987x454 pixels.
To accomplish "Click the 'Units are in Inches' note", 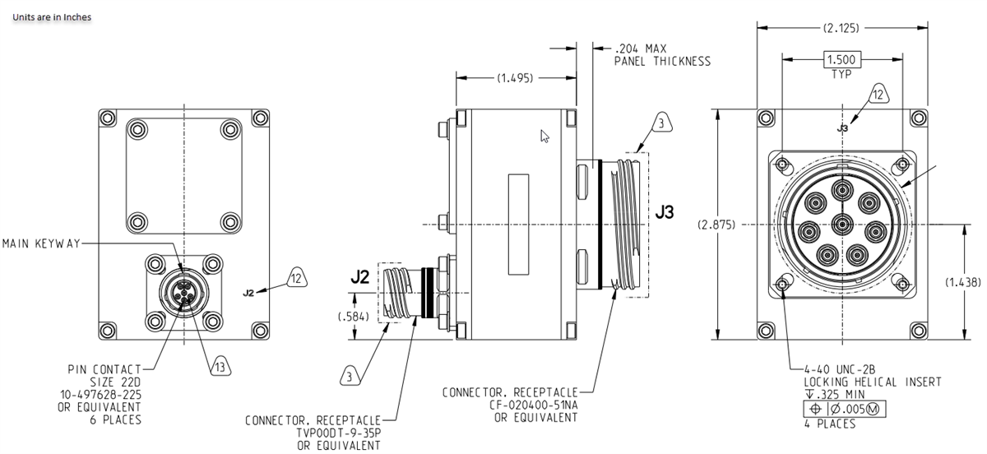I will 52,17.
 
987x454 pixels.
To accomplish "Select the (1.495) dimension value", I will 514,78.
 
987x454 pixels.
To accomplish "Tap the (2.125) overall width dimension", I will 840,28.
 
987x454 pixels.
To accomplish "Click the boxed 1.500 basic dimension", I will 841,60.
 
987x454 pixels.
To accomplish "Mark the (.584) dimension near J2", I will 354,316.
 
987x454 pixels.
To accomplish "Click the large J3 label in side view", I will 665,212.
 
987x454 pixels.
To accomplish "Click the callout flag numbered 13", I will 220,367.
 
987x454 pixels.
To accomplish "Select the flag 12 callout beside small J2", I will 296,279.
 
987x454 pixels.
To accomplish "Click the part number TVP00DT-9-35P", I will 339,433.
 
